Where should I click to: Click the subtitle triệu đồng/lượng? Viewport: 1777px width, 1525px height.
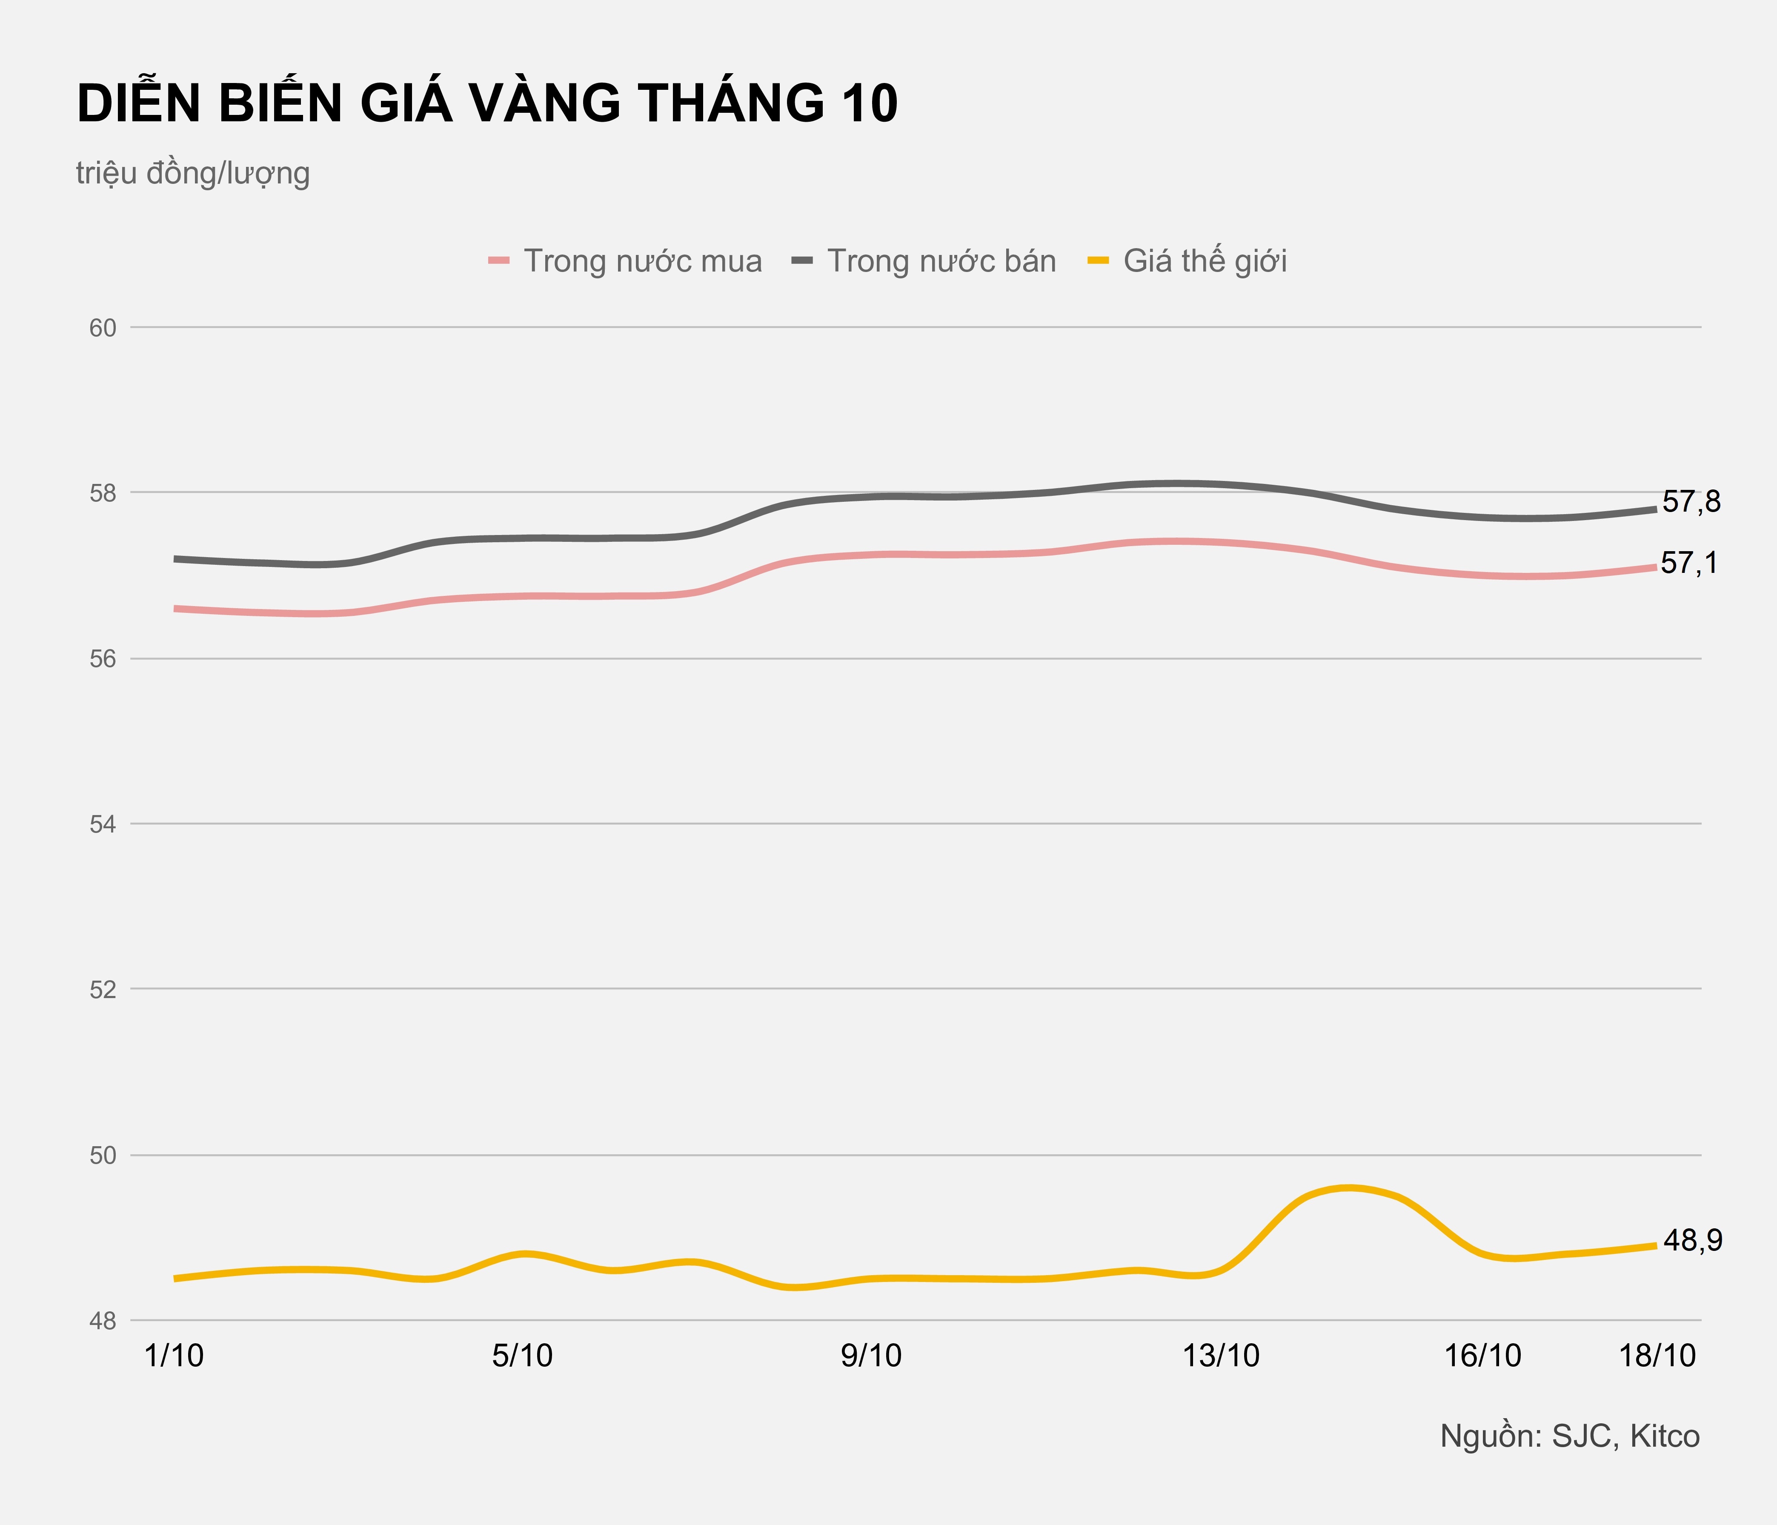pos(193,173)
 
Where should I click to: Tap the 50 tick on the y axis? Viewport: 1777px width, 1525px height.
pos(103,1155)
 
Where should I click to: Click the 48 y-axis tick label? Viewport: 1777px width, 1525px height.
pos(103,1322)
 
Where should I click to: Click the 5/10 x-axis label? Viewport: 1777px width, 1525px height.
pos(522,1356)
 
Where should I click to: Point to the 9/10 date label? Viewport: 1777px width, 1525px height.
pos(871,1356)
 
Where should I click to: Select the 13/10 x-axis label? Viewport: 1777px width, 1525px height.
pos(1221,1356)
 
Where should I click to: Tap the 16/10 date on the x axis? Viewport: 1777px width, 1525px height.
pos(1483,1356)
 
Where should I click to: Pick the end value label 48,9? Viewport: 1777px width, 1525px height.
pos(1692,1240)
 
